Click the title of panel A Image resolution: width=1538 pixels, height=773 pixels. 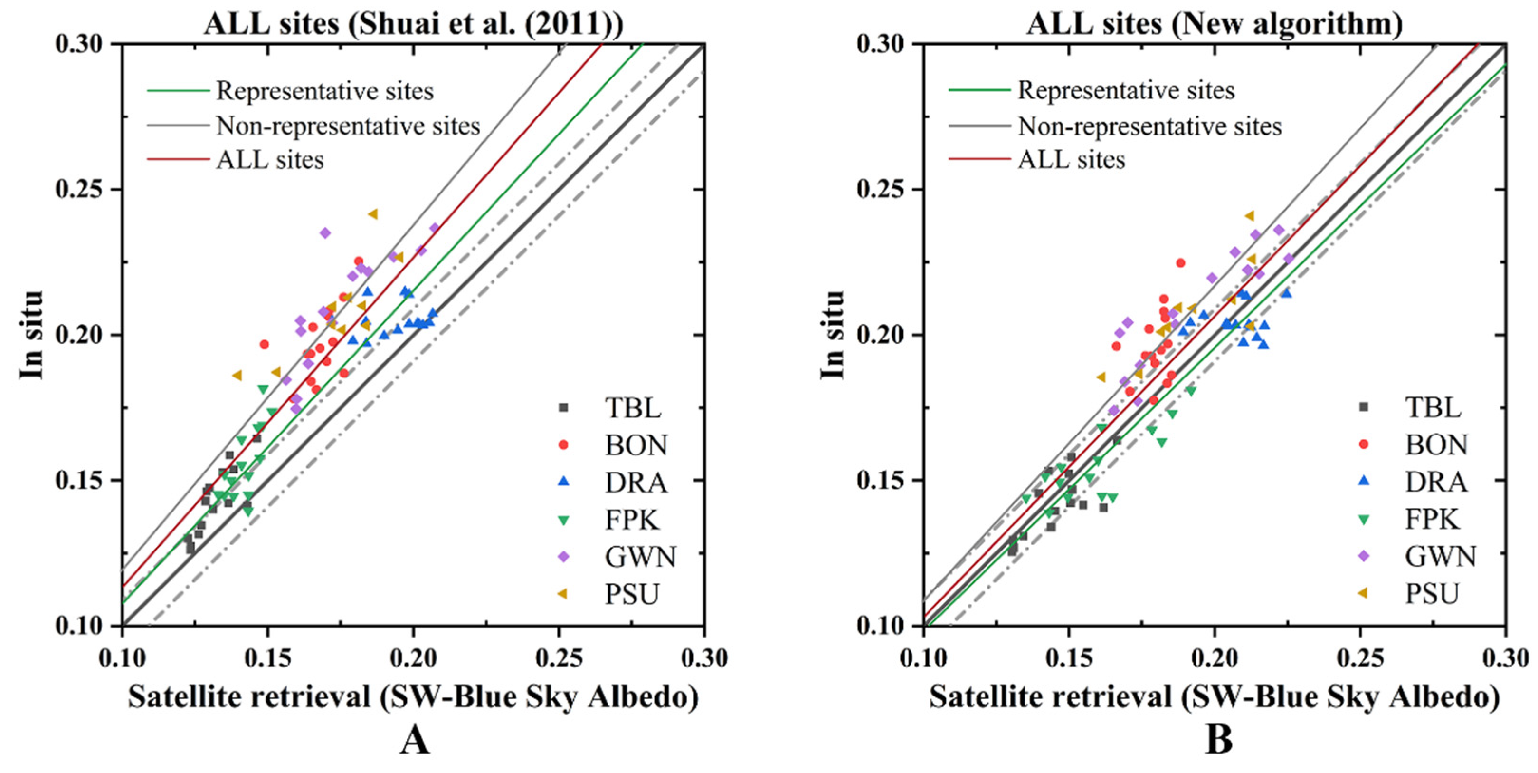pyautogui.click(x=413, y=24)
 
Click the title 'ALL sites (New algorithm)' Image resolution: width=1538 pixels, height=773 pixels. pyautogui.click(x=1215, y=24)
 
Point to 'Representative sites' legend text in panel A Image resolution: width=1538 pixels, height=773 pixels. pyautogui.click(x=325, y=91)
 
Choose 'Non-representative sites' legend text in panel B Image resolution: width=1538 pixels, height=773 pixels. pyautogui.click(x=1149, y=126)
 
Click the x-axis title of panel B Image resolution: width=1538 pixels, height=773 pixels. pyautogui.click(x=1215, y=697)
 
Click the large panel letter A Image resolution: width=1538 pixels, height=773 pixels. pyautogui.click(x=414, y=741)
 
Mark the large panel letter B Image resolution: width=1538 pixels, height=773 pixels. pyautogui.click(x=1218, y=741)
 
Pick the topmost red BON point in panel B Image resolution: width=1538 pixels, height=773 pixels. pyautogui.click(x=1180, y=263)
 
